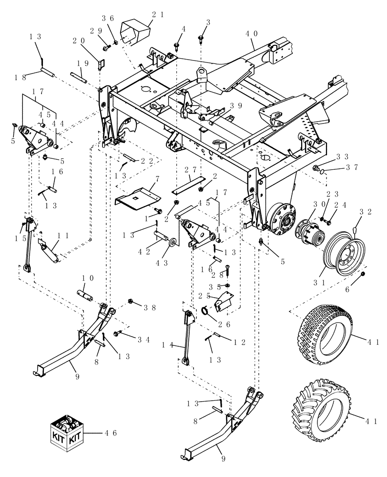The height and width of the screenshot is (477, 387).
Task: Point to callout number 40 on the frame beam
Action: pyautogui.click(x=252, y=34)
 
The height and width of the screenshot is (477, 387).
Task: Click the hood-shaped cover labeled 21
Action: pyautogui.click(x=135, y=31)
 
